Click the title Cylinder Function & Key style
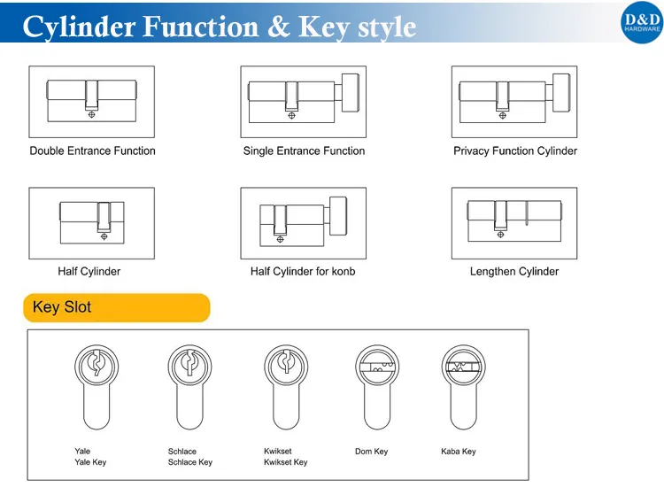click(220, 27)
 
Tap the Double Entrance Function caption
click(92, 151)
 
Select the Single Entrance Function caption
click(304, 151)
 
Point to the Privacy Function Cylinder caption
click(515, 151)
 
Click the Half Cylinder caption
click(89, 272)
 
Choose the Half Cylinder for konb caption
click(303, 272)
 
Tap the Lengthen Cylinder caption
click(514, 272)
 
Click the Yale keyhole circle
click(93, 364)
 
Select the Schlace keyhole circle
click(189, 364)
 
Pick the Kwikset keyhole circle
click(286, 364)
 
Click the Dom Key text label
click(371, 452)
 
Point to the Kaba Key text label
click(458, 452)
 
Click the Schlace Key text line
click(190, 462)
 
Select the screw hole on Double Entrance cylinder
click(92, 114)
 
